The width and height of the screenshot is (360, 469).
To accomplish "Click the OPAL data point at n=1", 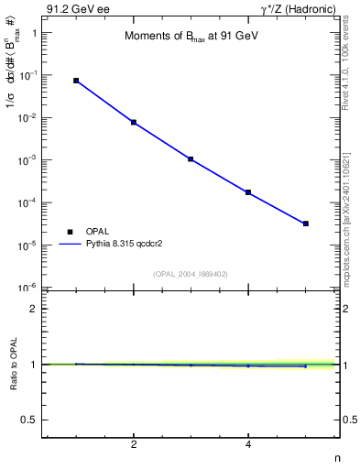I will pyautogui.click(x=76, y=81).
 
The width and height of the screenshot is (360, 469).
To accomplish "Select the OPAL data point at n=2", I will pyautogui.click(x=134, y=122).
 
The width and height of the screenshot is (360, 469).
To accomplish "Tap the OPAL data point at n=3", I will pyautogui.click(x=191, y=158).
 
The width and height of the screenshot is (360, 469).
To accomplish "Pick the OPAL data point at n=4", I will pyautogui.click(x=248, y=192).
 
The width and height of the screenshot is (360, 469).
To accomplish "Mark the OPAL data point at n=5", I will pyautogui.click(x=305, y=224).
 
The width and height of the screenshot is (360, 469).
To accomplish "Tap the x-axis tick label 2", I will pyautogui.click(x=134, y=446).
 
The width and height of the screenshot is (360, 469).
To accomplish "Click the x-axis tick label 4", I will pyautogui.click(x=248, y=446).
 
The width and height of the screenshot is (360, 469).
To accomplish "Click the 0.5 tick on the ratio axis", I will pyautogui.click(x=28, y=420).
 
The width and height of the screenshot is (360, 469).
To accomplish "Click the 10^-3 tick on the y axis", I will pyautogui.click(x=26, y=160).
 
